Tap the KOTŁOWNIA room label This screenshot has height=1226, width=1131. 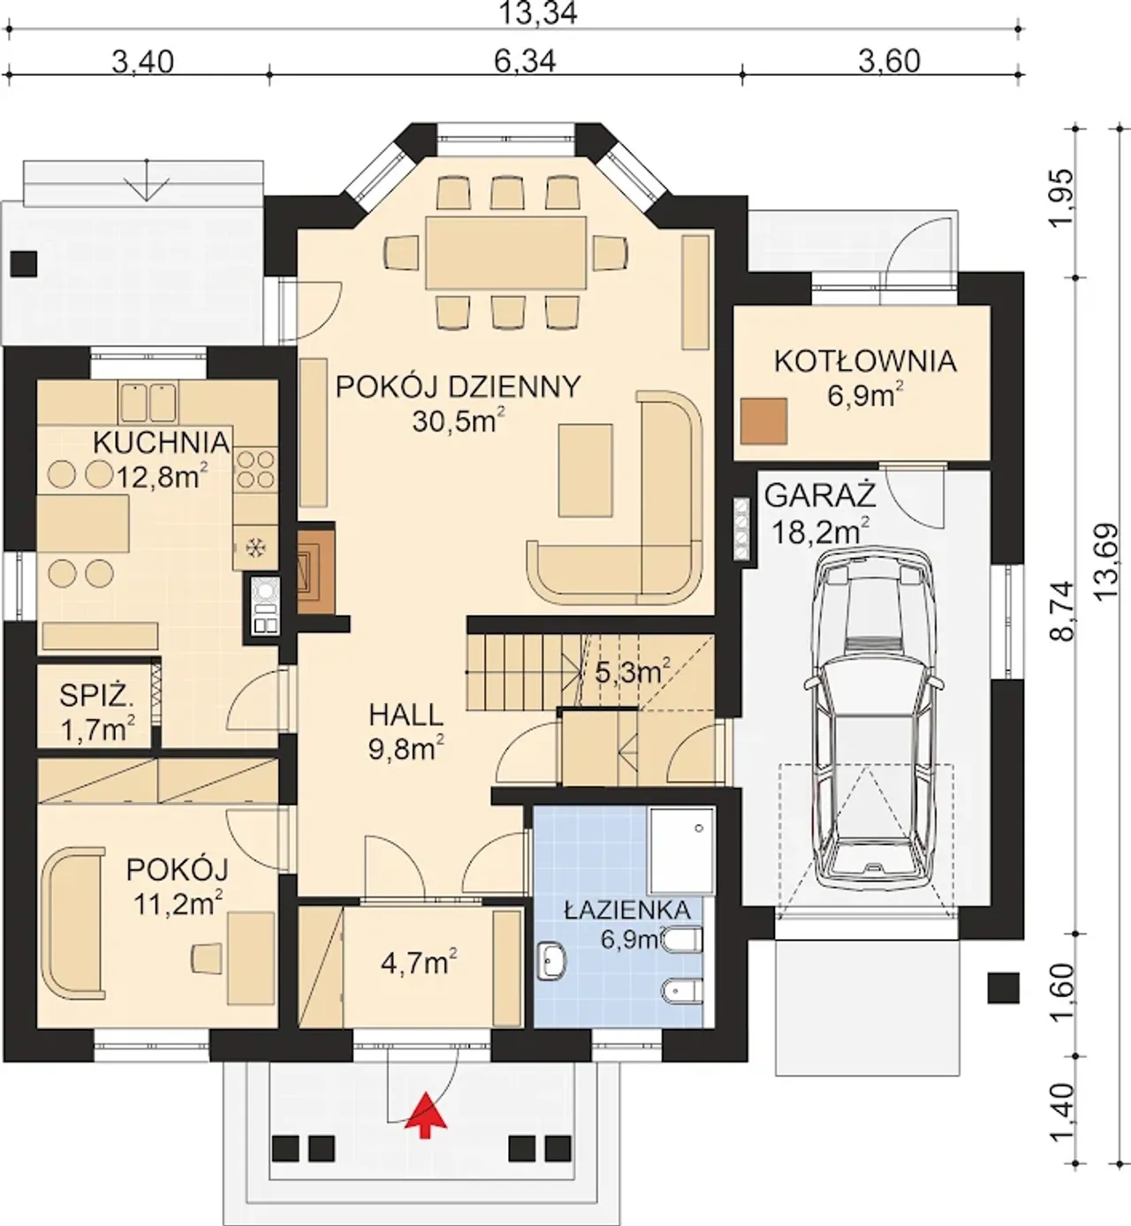tap(865, 361)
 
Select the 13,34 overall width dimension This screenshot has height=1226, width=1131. tap(537, 13)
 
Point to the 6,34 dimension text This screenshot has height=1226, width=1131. tap(525, 61)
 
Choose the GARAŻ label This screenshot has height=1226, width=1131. tap(820, 496)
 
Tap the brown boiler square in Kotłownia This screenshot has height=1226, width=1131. tap(763, 421)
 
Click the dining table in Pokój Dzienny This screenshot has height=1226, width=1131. tap(505, 253)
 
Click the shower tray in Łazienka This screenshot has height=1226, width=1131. tap(682, 851)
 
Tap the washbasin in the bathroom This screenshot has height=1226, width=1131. tap(551, 960)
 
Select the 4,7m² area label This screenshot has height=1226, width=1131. tap(419, 963)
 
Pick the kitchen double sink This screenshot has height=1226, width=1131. tap(148, 403)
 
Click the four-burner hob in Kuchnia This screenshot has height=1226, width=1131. tap(255, 469)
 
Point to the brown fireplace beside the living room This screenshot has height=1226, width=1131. tap(317, 568)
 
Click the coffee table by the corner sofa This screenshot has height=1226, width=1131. tap(586, 470)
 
